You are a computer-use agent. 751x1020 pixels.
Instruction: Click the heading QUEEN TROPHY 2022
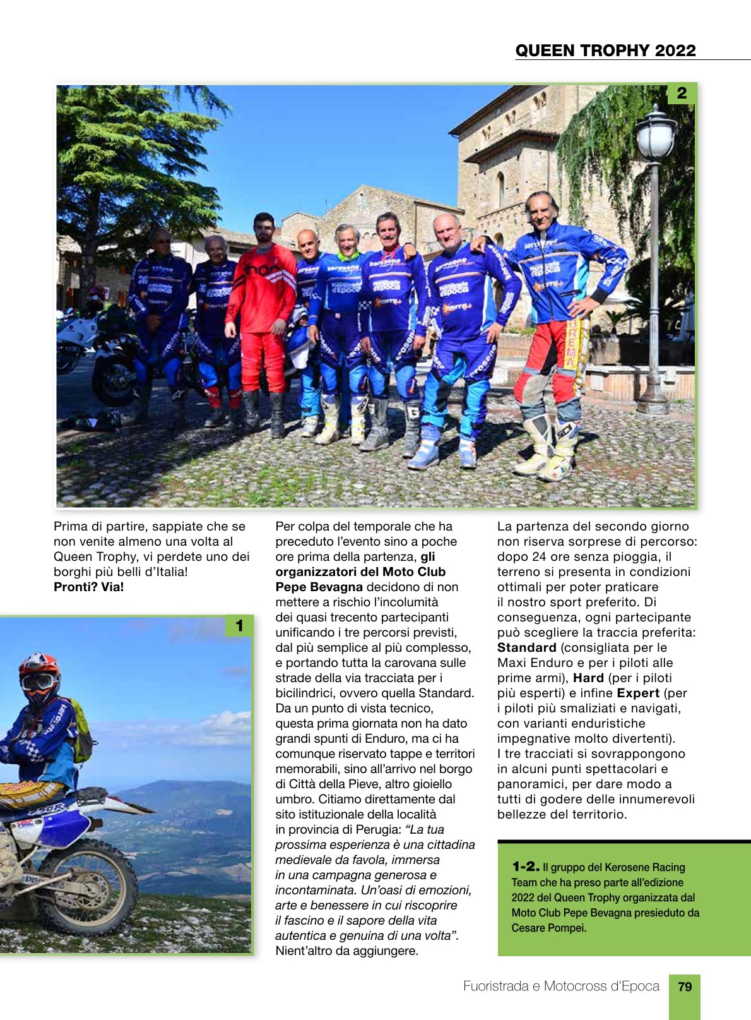605,51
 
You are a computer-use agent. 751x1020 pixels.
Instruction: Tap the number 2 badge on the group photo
681,93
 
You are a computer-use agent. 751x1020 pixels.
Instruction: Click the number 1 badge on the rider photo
239,626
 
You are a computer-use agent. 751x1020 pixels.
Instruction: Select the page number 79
684,987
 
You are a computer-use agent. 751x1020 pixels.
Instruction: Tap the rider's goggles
37,682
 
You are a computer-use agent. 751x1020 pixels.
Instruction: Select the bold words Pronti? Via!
89,587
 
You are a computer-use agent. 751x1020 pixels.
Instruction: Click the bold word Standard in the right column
526,647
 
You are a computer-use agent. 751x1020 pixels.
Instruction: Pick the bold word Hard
588,678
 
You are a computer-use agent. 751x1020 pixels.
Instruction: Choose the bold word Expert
638,693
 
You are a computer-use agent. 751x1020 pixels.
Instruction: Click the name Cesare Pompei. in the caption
549,928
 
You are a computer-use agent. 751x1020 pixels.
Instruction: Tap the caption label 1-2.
525,867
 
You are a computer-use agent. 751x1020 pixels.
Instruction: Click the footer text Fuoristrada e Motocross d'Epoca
561,987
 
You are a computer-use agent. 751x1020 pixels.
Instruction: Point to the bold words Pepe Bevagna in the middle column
319,587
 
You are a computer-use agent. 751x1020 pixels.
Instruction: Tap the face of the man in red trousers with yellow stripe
541,212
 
